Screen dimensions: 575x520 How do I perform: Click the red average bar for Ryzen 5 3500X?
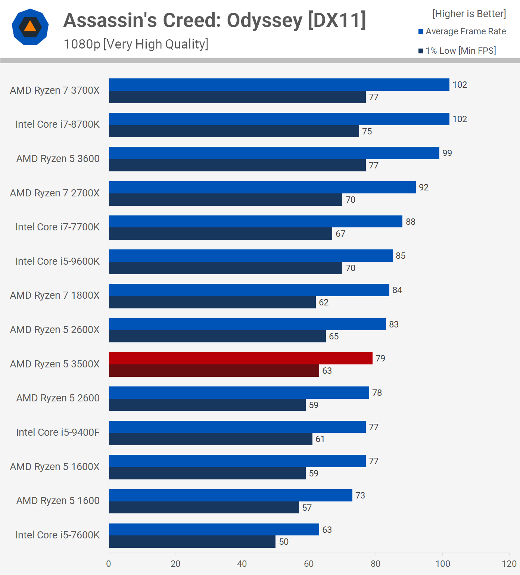pyautogui.click(x=240, y=358)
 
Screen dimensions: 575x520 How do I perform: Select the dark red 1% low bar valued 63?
pyautogui.click(x=214, y=370)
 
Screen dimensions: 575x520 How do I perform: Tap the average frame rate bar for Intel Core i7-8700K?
pyautogui.click(x=279, y=119)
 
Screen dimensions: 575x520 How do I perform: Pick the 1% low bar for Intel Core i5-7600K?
pyautogui.click(x=192, y=541)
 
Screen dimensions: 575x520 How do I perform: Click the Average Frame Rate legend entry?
pyautogui.click(x=462, y=31)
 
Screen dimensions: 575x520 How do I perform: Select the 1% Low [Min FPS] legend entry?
pyautogui.click(x=457, y=51)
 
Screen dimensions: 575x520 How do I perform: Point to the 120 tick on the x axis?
pyautogui.click(x=509, y=563)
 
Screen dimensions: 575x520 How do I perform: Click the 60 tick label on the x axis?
pyautogui.click(x=309, y=563)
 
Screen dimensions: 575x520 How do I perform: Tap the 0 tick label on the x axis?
pyautogui.click(x=109, y=563)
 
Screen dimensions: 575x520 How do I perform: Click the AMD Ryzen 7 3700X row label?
pyautogui.click(x=55, y=90)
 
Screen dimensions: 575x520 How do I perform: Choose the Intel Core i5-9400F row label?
pyautogui.click(x=58, y=432)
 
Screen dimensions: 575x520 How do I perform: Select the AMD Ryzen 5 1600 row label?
pyautogui.click(x=58, y=501)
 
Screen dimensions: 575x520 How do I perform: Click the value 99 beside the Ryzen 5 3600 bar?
pyautogui.click(x=447, y=153)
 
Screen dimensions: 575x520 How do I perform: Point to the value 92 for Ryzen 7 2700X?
pyautogui.click(x=424, y=187)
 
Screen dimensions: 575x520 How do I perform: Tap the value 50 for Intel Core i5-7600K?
pyautogui.click(x=284, y=542)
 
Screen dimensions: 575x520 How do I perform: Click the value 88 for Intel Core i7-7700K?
pyautogui.click(x=411, y=222)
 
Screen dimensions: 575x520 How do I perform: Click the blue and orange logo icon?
pyautogui.click(x=30, y=27)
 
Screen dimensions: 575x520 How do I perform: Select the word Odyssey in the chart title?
pyautogui.click(x=265, y=21)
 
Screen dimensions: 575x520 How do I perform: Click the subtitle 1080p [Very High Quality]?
pyautogui.click(x=136, y=44)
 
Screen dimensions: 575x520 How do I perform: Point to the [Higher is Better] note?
pyautogui.click(x=469, y=14)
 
